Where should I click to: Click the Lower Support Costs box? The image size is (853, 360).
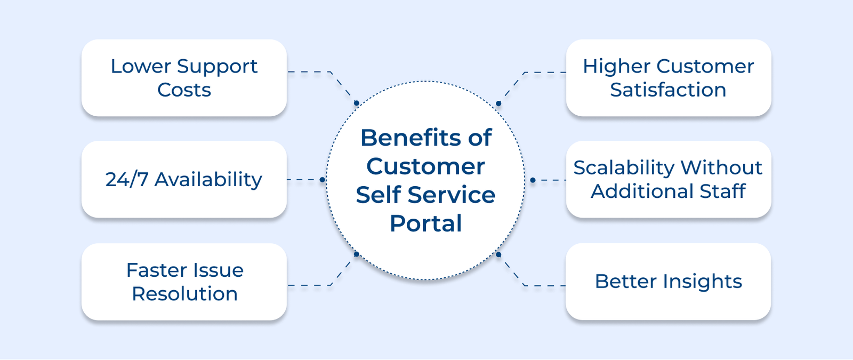(184, 78)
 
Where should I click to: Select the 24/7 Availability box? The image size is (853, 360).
(184, 179)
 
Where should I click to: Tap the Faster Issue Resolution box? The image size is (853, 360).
(184, 282)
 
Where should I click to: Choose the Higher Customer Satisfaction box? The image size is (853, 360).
(668, 78)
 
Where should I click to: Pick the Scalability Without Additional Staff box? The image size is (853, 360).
(668, 179)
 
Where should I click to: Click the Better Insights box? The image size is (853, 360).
(668, 282)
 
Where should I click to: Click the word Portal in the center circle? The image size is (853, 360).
(425, 223)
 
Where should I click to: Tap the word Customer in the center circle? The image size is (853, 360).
(425, 166)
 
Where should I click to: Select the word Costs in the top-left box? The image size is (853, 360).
(184, 90)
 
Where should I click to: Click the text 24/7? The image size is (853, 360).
(127, 180)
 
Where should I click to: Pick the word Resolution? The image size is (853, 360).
(184, 294)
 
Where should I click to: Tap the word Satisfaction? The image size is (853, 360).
(668, 90)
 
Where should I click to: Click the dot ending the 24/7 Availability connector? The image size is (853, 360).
(322, 180)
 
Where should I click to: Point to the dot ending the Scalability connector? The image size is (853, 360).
(533, 180)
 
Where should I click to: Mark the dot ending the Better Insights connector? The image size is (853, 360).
(498, 254)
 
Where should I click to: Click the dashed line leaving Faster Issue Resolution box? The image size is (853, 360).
(309, 285)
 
